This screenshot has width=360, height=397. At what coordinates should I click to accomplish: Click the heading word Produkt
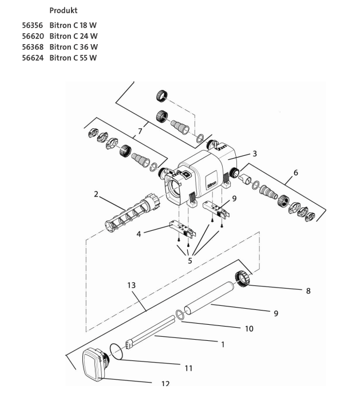63,11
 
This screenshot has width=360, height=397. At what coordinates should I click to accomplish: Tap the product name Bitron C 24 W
73,37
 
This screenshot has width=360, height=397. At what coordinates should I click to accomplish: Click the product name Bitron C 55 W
73,57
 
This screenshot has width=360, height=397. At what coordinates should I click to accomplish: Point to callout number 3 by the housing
255,153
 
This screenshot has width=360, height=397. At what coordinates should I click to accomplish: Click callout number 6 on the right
295,172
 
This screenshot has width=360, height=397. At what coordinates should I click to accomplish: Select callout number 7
140,132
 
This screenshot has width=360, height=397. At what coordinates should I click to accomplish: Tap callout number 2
96,194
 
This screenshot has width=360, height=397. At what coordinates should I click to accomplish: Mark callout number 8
308,291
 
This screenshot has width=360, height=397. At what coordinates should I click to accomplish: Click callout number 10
248,329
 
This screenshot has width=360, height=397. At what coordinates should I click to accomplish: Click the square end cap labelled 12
92,365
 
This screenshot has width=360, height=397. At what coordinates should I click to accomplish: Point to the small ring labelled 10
179,314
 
